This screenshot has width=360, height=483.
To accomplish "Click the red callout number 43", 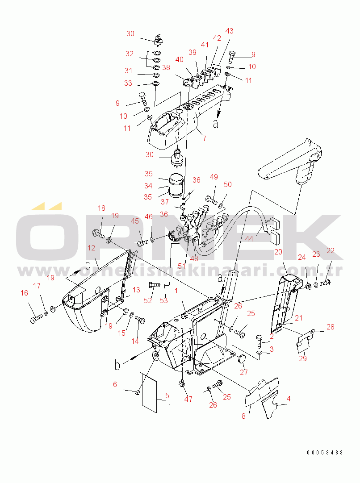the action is tap(229, 31).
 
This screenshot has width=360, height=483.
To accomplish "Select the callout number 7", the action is tap(205, 139).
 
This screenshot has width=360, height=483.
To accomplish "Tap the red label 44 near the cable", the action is tap(249, 239).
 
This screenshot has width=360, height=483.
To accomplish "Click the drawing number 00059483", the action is tap(325, 453).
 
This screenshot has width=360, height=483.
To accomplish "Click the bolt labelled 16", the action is tap(36, 319).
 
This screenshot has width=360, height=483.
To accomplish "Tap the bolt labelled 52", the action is tap(154, 285).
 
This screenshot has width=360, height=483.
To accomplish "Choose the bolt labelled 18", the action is tap(98, 234).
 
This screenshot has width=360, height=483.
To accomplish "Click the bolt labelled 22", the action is tap(325, 282).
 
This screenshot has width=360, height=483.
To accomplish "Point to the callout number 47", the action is tap(188, 399).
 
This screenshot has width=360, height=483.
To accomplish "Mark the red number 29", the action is tap(303, 358).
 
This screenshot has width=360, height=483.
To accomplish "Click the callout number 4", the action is tap(289, 399).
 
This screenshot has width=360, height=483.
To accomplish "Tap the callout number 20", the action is tap(278, 252).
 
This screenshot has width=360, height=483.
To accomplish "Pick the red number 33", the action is tap(128, 83).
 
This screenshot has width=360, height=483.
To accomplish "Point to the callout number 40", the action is tap(179, 59).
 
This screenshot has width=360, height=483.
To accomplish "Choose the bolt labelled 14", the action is tap(141, 320).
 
